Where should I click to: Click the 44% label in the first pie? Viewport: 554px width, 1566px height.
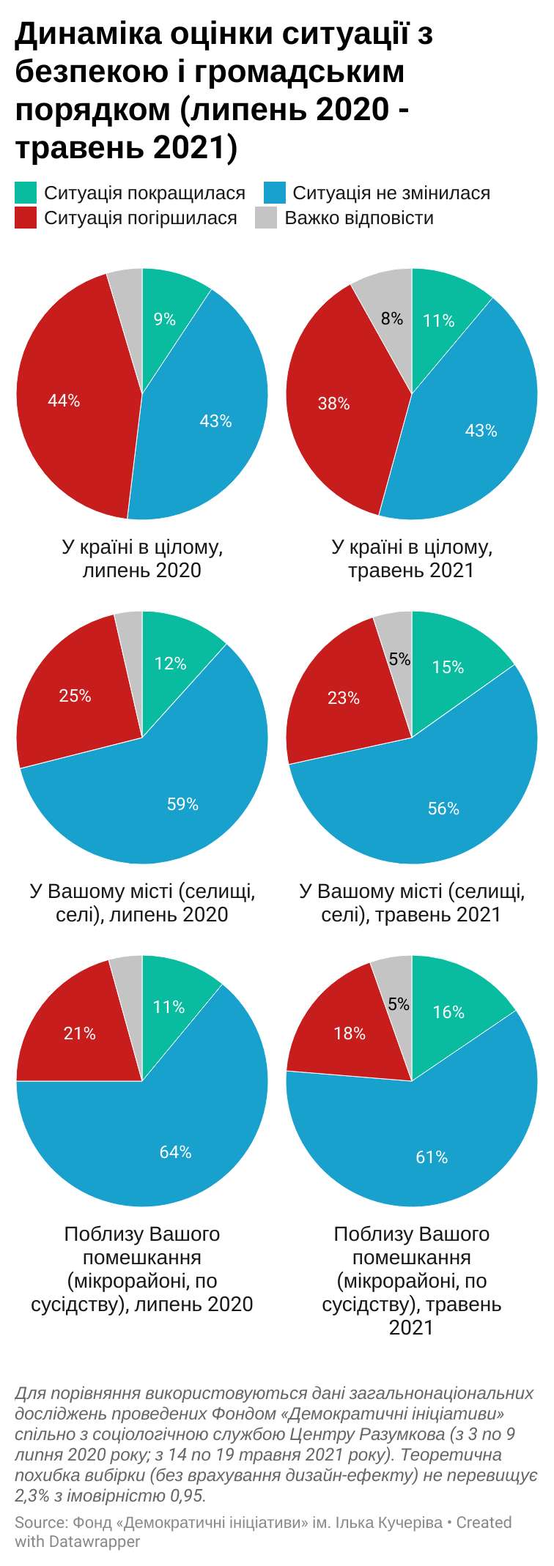[64, 401]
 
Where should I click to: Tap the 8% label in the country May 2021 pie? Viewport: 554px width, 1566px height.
[392, 319]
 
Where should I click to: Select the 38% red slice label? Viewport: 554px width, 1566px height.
[333, 404]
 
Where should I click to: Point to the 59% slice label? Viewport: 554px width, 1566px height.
[182, 804]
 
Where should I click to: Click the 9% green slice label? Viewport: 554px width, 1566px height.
[164, 319]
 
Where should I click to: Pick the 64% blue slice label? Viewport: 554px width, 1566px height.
[175, 1152]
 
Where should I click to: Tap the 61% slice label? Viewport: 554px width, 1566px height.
[432, 1157]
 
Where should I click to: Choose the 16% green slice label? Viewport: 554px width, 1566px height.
[448, 1012]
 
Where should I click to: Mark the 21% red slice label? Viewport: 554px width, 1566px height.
[79, 1034]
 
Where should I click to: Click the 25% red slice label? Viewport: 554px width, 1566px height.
[75, 696]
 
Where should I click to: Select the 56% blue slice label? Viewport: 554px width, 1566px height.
[443, 809]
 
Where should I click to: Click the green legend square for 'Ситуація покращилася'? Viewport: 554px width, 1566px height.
[26, 193]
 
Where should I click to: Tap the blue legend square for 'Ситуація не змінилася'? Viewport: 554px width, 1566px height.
[274, 193]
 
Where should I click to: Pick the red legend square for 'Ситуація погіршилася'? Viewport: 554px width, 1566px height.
[26, 218]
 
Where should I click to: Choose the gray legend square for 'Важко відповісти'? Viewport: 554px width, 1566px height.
[266, 218]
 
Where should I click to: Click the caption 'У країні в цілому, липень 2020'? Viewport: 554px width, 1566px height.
[142, 559]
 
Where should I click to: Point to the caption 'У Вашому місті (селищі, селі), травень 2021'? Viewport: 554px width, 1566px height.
[412, 903]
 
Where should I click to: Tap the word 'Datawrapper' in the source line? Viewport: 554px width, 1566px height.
[95, 1542]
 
